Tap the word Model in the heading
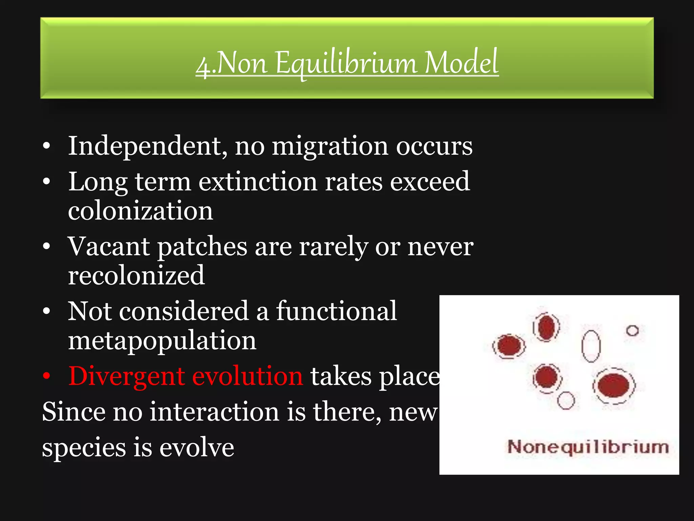(461, 62)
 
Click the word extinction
(258, 182)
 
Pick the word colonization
(140, 211)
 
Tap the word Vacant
(108, 247)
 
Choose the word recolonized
(136, 275)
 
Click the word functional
(336, 311)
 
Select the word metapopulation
(162, 341)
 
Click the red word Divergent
(126, 377)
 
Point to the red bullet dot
(47, 376)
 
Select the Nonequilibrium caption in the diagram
(588, 447)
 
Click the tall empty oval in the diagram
(591, 346)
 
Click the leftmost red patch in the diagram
(509, 346)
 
